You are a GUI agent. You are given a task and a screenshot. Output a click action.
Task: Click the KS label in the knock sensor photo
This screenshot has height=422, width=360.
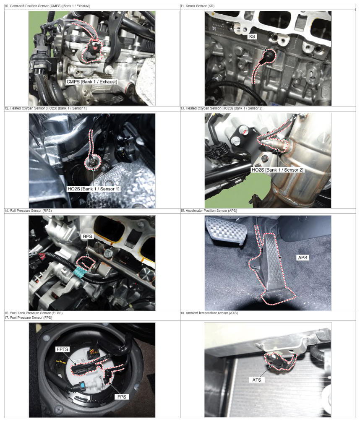(x=252, y=36)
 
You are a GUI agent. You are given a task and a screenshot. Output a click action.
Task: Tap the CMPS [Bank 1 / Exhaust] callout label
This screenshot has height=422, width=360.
(x=91, y=81)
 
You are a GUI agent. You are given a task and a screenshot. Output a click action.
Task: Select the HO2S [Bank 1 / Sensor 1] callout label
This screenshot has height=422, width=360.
(x=94, y=189)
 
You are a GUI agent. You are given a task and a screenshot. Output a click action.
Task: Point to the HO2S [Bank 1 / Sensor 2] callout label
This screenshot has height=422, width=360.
(x=277, y=170)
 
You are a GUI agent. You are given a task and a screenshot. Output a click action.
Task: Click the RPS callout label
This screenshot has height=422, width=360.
(x=88, y=236)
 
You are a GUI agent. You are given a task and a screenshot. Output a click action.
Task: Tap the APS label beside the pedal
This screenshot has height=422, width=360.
(x=303, y=258)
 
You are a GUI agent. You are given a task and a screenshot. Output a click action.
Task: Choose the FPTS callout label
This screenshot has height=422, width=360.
(x=63, y=349)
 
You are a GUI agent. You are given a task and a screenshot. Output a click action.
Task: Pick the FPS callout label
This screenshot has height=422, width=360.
(x=122, y=397)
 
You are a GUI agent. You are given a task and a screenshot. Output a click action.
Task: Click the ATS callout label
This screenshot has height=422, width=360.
(x=257, y=380)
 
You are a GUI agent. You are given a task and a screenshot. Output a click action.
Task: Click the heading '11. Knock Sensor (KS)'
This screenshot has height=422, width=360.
(x=197, y=6)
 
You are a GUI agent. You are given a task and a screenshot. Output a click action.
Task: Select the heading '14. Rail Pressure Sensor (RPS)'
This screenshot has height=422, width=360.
(x=28, y=211)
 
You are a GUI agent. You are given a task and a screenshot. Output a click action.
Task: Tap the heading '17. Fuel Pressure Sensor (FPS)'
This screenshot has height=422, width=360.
(x=28, y=318)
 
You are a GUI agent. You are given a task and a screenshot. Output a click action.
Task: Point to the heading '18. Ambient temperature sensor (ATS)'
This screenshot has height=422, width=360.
(x=209, y=313)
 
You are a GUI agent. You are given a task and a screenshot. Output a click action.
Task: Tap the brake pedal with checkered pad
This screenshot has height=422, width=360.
(x=226, y=230)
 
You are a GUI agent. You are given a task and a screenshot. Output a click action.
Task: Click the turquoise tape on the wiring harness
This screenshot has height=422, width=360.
(x=80, y=272)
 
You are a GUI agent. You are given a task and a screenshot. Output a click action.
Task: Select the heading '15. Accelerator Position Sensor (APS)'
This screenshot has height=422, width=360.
(x=209, y=211)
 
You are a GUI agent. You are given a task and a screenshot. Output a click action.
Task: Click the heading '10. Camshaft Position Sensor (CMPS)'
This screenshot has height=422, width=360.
(x=47, y=6)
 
